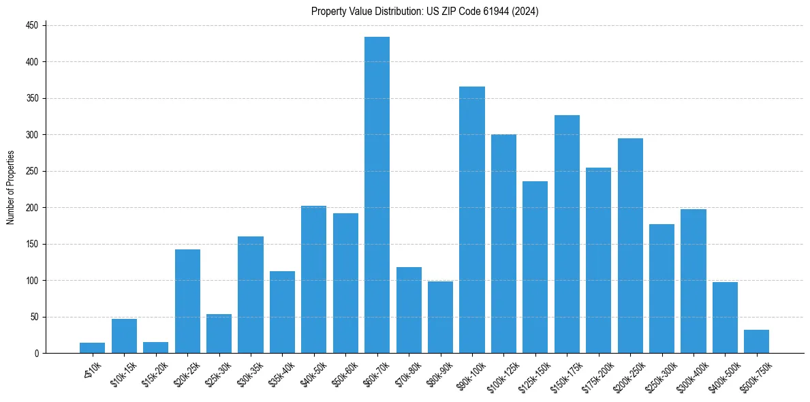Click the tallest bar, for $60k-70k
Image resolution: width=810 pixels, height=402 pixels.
[377, 195]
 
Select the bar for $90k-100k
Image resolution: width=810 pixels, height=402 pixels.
[471, 220]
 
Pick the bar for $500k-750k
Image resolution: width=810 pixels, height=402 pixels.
[756, 341]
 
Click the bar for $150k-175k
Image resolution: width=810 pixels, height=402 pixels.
[567, 234]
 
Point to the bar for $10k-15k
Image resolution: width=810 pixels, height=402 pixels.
[124, 336]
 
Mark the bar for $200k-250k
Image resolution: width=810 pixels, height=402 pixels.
[630, 246]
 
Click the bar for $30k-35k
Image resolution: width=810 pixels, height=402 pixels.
[251, 295]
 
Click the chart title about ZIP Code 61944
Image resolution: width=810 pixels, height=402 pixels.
[425, 11]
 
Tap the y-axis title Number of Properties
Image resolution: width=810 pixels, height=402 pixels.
[10, 188]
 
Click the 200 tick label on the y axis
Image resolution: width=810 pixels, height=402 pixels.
[35, 208]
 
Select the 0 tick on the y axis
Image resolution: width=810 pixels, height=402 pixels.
[38, 354]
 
